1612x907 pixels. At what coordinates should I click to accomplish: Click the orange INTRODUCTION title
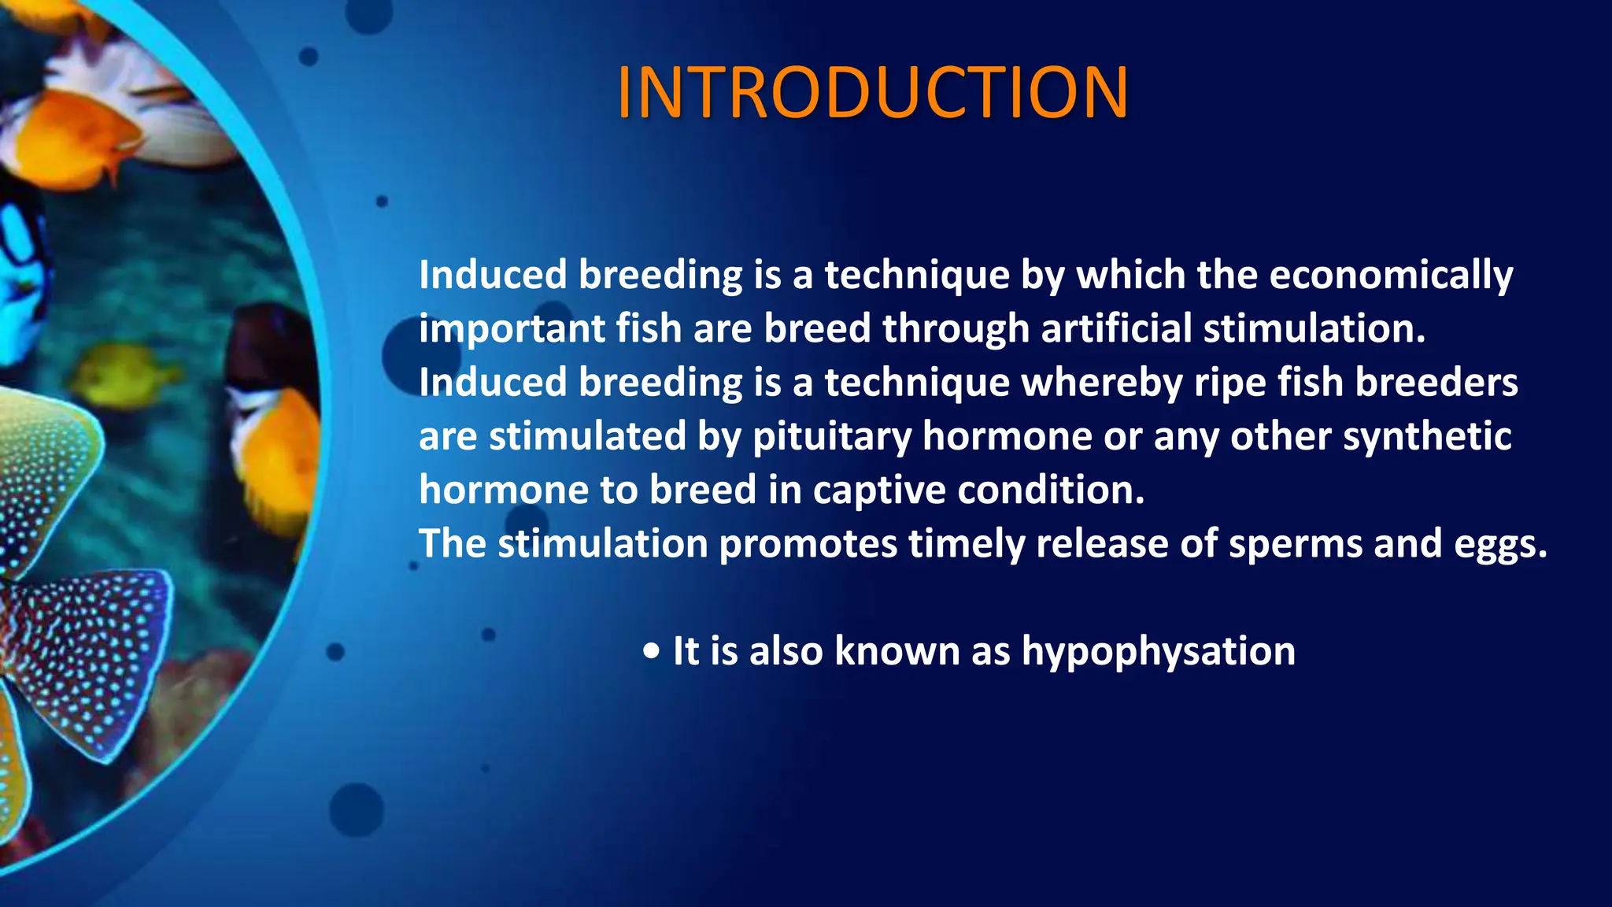click(x=873, y=93)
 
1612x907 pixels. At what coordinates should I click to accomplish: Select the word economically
click(x=1391, y=276)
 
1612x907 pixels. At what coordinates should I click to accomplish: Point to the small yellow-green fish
click(x=126, y=374)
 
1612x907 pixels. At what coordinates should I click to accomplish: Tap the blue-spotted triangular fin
click(x=94, y=653)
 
